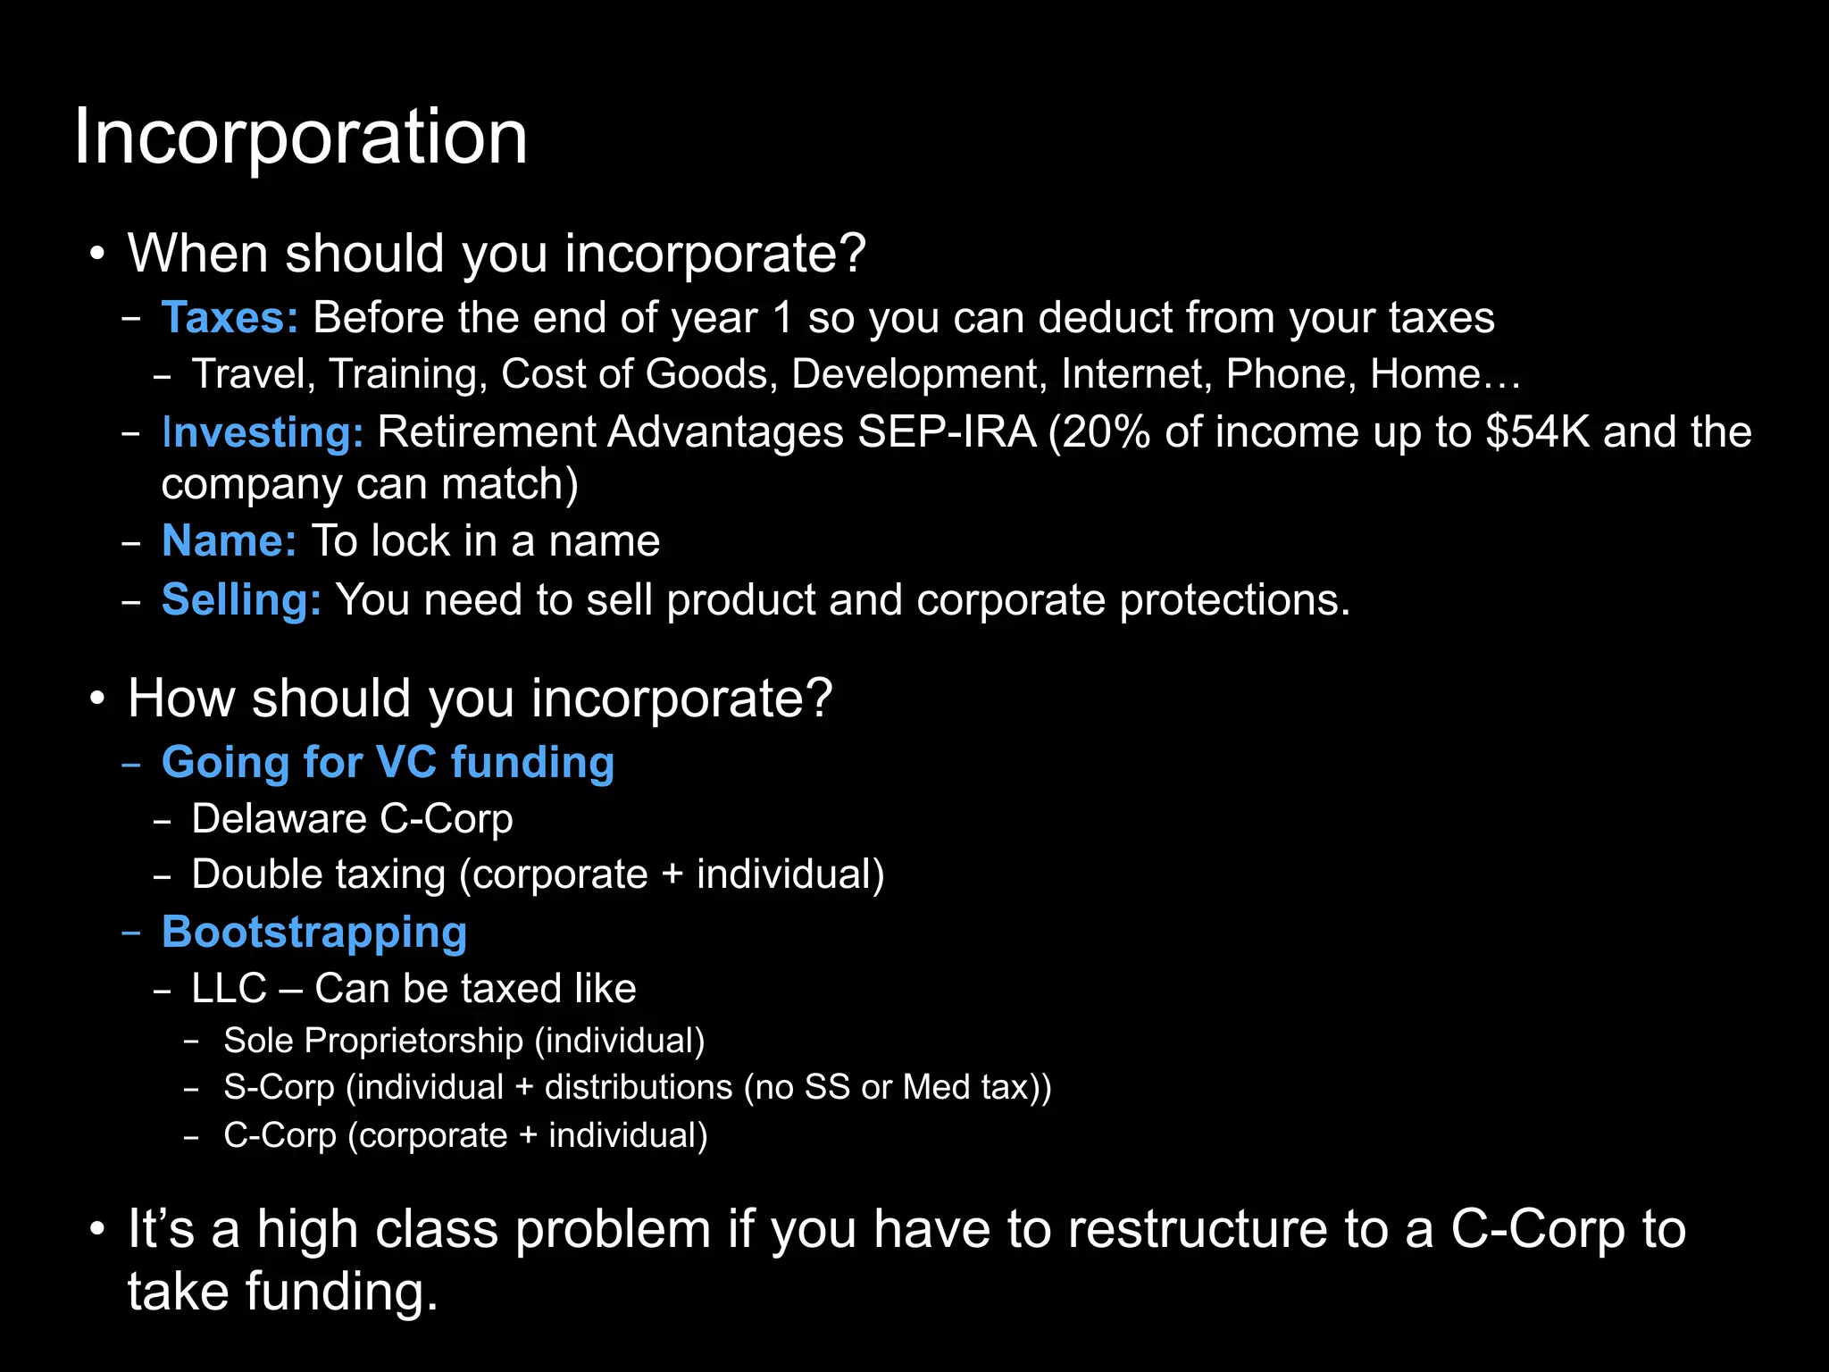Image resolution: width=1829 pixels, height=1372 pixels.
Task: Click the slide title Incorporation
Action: [x=300, y=137]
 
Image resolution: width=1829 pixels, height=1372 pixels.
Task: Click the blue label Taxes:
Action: [x=230, y=318]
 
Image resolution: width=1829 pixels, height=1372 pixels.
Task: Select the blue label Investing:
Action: [x=263, y=433]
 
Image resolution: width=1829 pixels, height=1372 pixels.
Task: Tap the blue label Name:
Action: [x=229, y=541]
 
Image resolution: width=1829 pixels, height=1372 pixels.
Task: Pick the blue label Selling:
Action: [x=241, y=599]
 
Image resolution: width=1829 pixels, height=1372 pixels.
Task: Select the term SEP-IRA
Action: [x=946, y=432]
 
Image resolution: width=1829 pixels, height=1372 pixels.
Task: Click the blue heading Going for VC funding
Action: [x=388, y=763]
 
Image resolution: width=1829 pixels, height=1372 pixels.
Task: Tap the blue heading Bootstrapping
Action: [x=314, y=933]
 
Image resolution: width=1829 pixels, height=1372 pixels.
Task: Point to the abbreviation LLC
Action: [x=229, y=989]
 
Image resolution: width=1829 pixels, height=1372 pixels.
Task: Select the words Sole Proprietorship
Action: [x=373, y=1041]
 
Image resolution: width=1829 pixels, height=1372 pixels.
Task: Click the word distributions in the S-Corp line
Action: [x=639, y=1088]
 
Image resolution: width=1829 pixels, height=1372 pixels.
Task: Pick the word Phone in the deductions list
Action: [x=1290, y=374]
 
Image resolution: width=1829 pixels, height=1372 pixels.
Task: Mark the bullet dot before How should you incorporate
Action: [x=97, y=698]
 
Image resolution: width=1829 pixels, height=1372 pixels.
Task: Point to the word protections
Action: [x=1234, y=599]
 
